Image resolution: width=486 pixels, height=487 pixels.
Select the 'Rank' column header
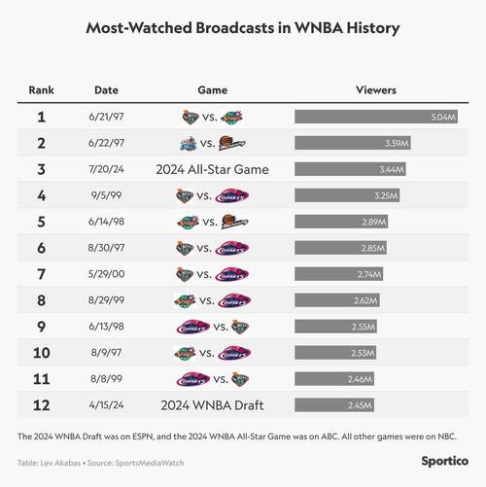point(41,89)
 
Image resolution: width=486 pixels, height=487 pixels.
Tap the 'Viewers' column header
point(377,89)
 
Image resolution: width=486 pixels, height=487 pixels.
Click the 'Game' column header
point(212,89)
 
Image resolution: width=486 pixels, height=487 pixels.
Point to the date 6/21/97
point(107,117)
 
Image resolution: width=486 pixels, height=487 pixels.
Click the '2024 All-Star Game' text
point(212,169)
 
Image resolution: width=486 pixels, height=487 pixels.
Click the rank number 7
point(41,274)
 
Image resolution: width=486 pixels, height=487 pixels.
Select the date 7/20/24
point(107,169)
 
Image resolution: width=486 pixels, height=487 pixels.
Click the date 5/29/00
point(107,274)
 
